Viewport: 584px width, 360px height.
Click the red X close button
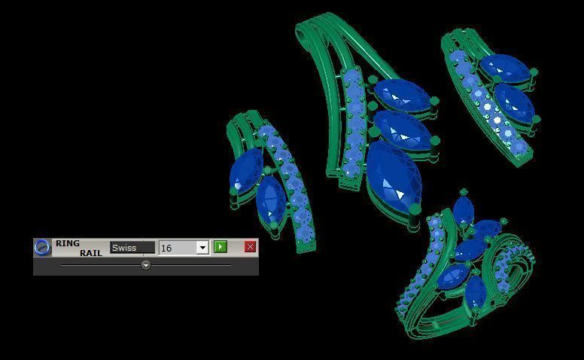point(250,247)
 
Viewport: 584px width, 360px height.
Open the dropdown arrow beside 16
point(202,248)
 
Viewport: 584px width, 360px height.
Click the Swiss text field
point(132,248)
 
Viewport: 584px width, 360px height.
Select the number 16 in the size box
point(176,248)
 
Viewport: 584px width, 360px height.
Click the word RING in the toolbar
point(67,243)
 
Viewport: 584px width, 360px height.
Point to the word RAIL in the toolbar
point(90,253)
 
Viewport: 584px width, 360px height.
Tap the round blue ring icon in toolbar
point(43,247)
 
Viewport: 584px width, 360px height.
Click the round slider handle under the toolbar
point(145,265)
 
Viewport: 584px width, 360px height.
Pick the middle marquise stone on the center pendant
point(403,130)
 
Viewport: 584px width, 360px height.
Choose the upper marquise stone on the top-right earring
point(505,69)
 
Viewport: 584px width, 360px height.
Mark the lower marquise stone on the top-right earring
point(515,102)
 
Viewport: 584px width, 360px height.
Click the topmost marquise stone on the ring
point(463,212)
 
